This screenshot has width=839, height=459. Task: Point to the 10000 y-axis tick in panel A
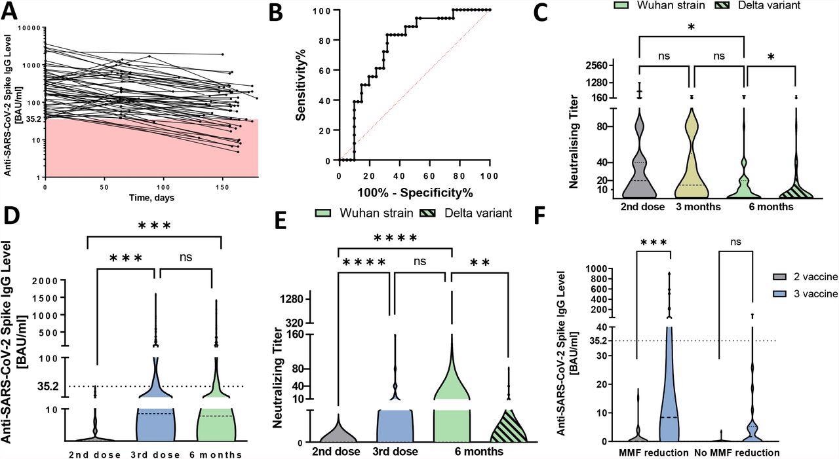tap(29, 28)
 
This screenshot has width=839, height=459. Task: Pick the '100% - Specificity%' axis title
tap(415, 193)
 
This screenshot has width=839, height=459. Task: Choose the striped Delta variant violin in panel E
tap(509, 426)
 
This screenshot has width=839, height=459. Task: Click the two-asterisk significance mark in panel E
tap(480, 263)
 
